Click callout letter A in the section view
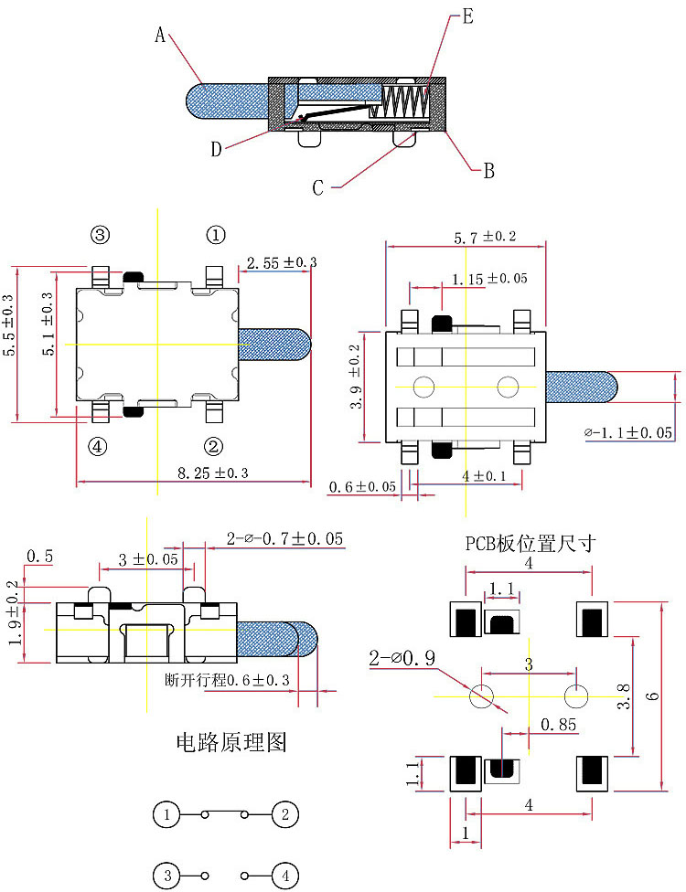(x=160, y=35)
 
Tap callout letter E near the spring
(x=466, y=16)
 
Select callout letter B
(x=488, y=170)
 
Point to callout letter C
(x=318, y=188)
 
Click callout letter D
(x=216, y=150)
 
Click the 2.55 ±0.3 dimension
(x=277, y=262)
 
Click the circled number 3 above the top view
(x=100, y=235)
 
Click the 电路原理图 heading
(x=230, y=741)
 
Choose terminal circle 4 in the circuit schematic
(x=285, y=876)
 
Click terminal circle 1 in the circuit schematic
(x=166, y=813)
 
